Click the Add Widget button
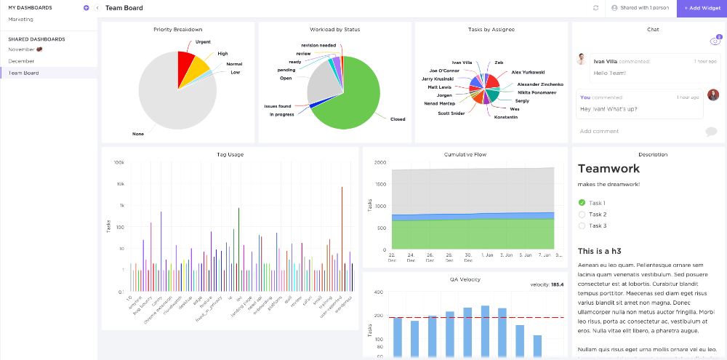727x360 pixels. [x=702, y=8]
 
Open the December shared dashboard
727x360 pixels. [x=21, y=61]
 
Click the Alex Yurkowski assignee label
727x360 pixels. [x=527, y=73]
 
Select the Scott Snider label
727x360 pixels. [x=451, y=113]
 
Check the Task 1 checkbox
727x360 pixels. [x=582, y=203]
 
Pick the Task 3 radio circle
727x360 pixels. [x=582, y=226]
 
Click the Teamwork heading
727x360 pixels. [x=608, y=168]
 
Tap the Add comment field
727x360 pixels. [x=600, y=132]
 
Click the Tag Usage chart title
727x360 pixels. [x=230, y=154]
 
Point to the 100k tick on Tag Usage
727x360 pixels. [x=119, y=162]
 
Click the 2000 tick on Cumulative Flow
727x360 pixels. [x=379, y=162]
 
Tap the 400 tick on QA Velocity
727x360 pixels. [x=378, y=292]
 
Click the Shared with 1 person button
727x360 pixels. [x=640, y=8]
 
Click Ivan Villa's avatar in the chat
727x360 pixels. [x=582, y=60]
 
